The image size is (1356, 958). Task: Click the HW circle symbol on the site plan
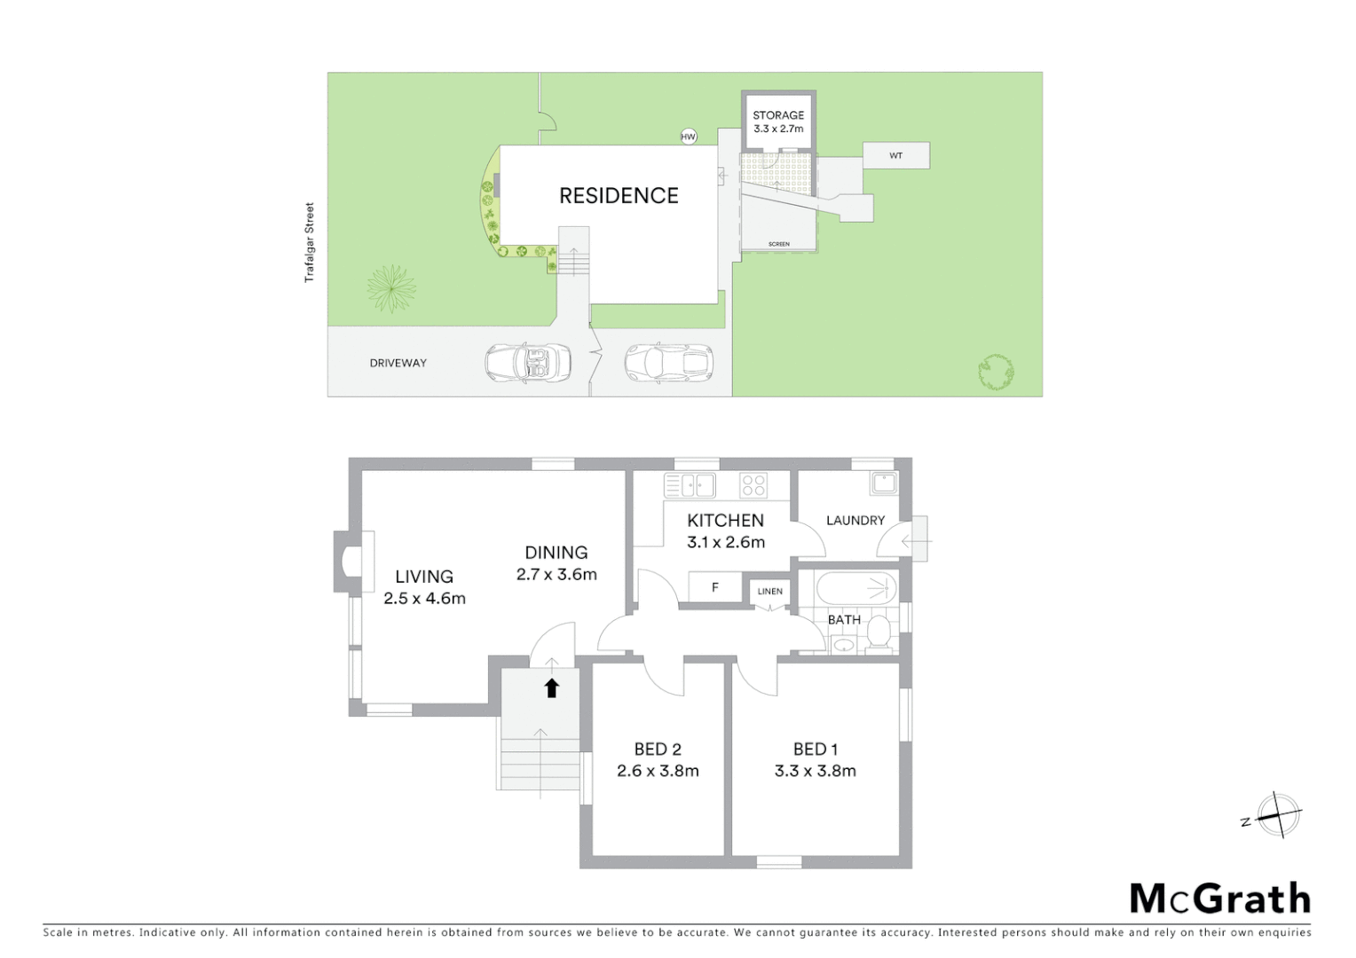(688, 136)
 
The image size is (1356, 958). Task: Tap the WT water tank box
(896, 155)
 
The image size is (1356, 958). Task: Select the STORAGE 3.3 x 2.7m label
(778, 122)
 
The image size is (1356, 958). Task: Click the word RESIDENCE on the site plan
(619, 195)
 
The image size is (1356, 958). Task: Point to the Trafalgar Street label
(310, 243)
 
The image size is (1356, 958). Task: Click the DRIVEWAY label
(398, 363)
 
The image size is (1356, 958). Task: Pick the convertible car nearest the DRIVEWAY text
(527, 362)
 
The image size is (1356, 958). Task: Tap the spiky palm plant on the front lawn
(390, 288)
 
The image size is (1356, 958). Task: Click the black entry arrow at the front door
(551, 687)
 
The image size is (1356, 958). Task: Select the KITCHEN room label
(725, 521)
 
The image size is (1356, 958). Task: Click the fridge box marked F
(715, 587)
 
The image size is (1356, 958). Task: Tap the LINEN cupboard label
(770, 592)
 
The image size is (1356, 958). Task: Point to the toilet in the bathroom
(879, 632)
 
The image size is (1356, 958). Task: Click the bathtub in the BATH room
(857, 588)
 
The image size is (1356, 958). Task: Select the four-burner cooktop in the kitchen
(753, 485)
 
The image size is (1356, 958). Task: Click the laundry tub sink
(884, 483)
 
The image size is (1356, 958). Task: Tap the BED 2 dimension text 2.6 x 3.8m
(658, 772)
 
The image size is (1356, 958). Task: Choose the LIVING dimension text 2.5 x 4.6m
(424, 599)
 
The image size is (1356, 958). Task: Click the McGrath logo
(1220, 899)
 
